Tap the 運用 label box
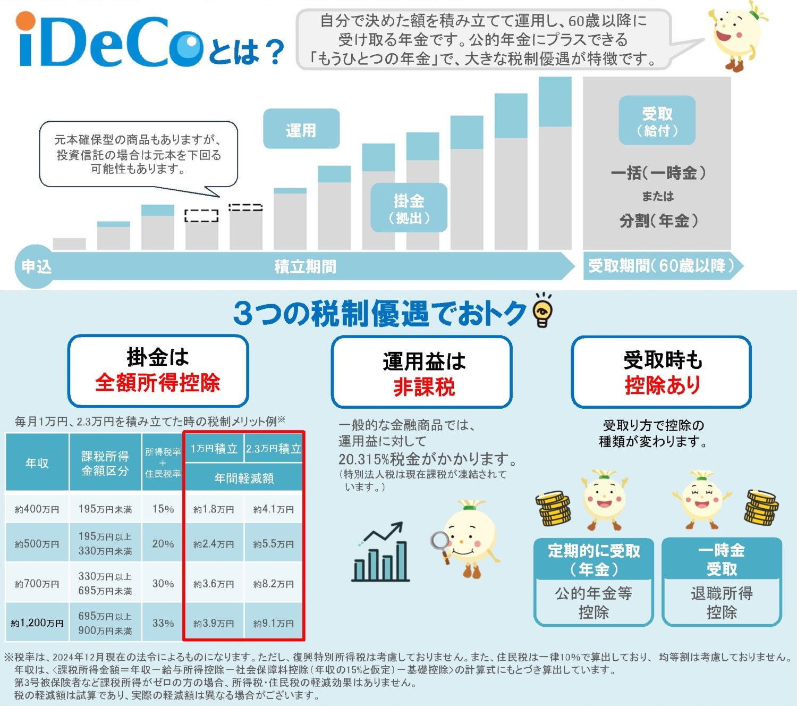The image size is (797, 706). tap(301, 129)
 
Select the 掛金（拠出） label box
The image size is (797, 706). tap(409, 208)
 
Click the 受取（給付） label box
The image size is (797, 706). tap(657, 121)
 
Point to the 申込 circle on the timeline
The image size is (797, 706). tap(36, 266)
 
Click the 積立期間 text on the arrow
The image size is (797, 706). tap(305, 266)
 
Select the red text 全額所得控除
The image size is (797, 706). tap(157, 382)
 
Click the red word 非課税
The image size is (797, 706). tap(423, 386)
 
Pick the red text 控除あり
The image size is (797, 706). tap(662, 384)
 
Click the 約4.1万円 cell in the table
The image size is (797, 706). tap(273, 509)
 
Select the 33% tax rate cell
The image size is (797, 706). tap(163, 623)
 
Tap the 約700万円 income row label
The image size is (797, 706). tap(37, 583)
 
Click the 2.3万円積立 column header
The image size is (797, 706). tap(273, 448)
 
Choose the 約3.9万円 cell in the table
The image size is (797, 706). tap(214, 623)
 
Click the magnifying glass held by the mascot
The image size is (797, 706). tap(440, 543)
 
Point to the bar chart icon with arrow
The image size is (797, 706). tap(380, 553)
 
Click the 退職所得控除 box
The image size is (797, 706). tap(721, 602)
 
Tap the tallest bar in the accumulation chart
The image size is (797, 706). tap(555, 165)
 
